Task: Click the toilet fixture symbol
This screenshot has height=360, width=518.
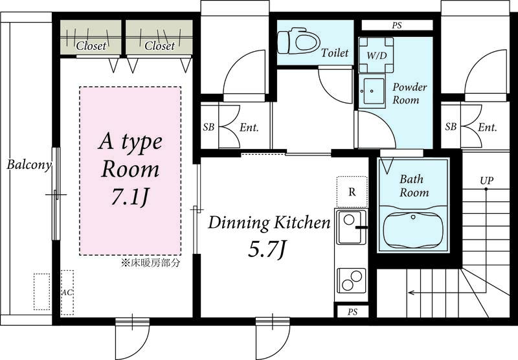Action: (299, 42)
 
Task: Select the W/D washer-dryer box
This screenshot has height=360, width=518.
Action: (376, 55)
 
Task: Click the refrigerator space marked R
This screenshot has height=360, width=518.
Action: (352, 192)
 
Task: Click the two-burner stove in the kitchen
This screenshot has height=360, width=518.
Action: (351, 281)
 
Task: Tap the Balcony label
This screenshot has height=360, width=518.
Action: (29, 165)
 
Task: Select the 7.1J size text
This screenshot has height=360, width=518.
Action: (129, 197)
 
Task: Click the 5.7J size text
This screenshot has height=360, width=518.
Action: (267, 249)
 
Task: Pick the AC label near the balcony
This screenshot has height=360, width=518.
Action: (67, 293)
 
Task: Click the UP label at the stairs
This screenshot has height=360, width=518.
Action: (487, 181)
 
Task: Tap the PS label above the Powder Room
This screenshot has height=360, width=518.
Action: (397, 25)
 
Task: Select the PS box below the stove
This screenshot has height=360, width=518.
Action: (352, 312)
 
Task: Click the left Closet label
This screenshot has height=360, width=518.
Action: (91, 45)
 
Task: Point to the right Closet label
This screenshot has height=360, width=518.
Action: (159, 45)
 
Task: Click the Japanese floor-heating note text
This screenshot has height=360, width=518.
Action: (151, 263)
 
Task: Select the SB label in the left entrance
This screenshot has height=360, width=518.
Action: (208, 127)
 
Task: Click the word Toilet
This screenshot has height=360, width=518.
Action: (335, 52)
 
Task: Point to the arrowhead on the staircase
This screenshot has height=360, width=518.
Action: (411, 293)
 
